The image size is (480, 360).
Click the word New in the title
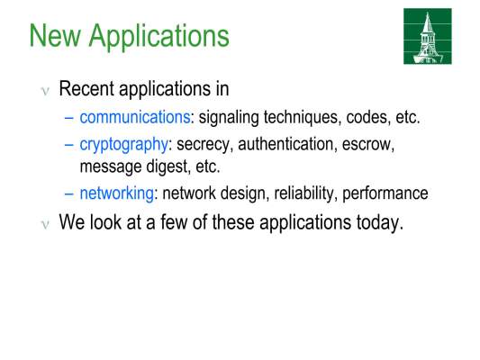[x=55, y=35]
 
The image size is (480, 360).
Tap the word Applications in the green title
[x=159, y=37]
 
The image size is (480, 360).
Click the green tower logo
[x=428, y=36]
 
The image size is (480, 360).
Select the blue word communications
[x=135, y=117]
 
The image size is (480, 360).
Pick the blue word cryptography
[x=123, y=145]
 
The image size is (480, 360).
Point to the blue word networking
[x=117, y=193]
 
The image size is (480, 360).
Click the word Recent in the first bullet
[x=86, y=89]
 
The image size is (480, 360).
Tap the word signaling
[x=229, y=118]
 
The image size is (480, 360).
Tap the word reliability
[x=303, y=193]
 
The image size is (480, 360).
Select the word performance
[x=385, y=194]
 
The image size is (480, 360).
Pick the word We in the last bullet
[x=72, y=222]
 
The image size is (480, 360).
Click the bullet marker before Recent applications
[x=45, y=92]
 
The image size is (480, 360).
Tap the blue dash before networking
[x=69, y=193]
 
